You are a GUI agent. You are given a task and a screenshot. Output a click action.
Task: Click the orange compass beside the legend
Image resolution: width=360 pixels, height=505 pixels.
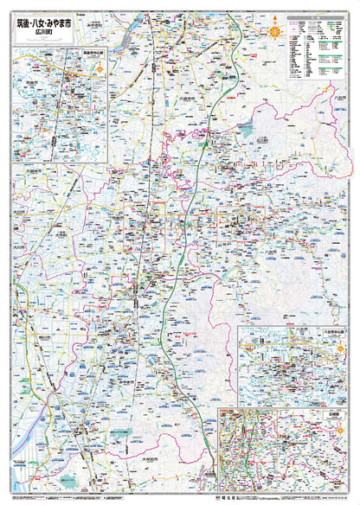click(x=275, y=31)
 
